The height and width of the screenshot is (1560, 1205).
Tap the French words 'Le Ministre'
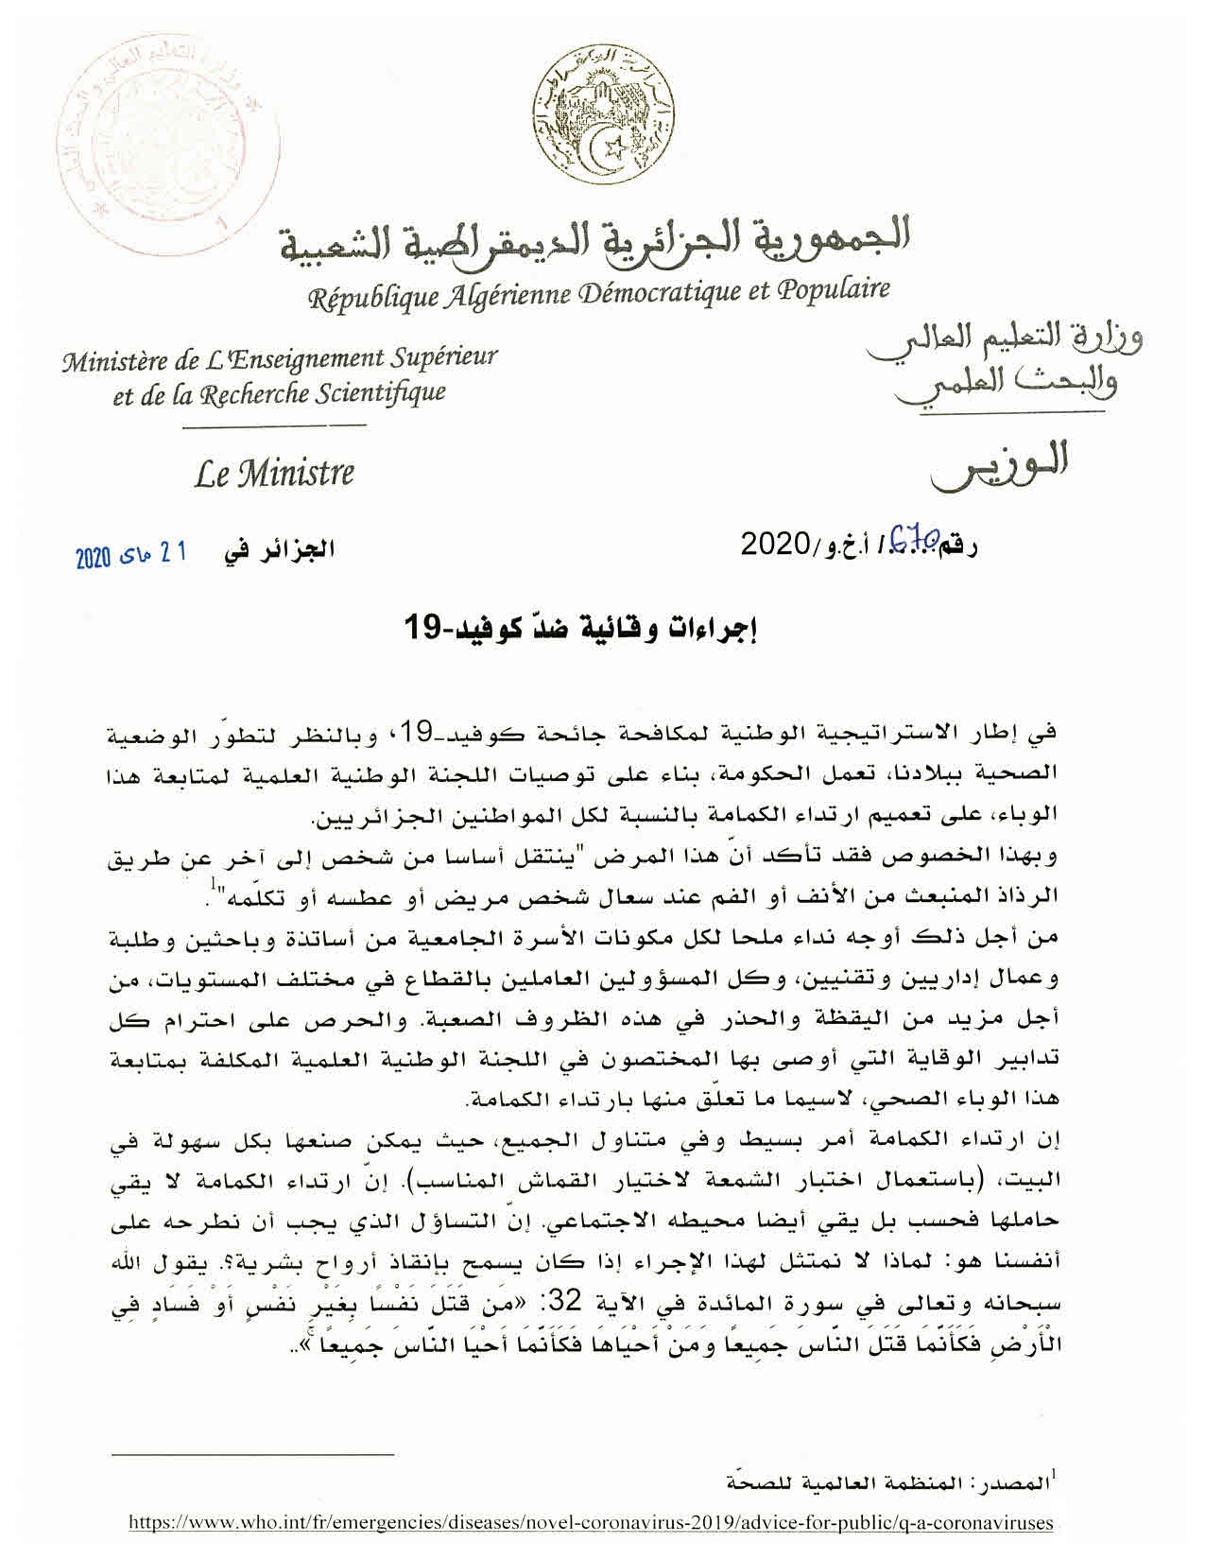274,472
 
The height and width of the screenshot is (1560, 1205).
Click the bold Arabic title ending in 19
584,628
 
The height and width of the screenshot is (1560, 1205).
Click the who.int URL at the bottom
594,1523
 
